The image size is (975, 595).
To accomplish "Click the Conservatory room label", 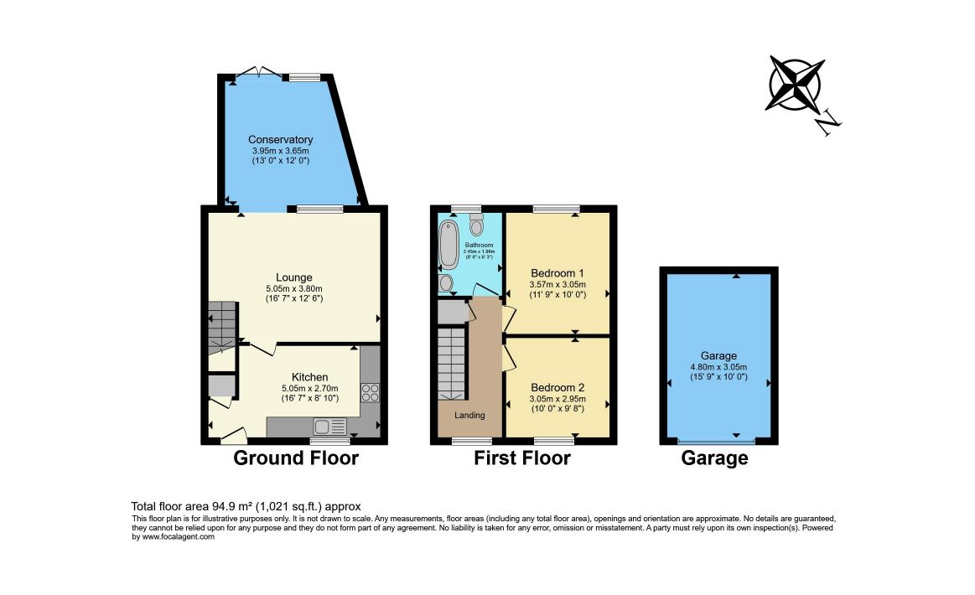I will pos(280,140).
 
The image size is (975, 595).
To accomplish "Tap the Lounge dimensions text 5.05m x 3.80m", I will pos(294,288).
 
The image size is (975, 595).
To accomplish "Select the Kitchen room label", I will pos(309,377).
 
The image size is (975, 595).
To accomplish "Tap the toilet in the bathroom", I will pos(477,225).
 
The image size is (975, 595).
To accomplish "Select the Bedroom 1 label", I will pos(558,273).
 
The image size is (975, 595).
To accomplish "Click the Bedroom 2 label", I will pos(558,388).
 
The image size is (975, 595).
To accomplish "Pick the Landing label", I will pos(469,415).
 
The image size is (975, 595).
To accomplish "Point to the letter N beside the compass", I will pos(828,123).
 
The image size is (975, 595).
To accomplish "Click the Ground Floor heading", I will pos(295,458).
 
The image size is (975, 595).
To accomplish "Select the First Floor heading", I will pos(521,458).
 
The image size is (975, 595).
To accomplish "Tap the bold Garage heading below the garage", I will pos(714,458).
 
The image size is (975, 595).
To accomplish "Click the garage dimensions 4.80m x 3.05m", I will pos(718,366).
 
